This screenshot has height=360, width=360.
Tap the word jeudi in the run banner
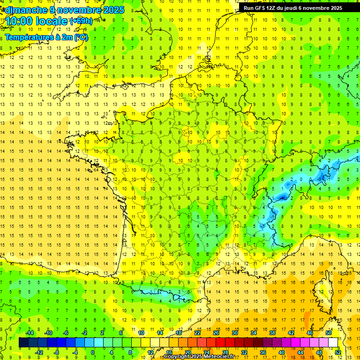tap(300, 8)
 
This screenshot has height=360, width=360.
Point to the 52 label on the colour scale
tap(337, 352)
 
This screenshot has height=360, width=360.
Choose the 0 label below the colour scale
tap(93, 352)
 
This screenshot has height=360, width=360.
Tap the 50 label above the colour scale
tap(328, 333)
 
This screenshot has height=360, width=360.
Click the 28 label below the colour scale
tap(225, 352)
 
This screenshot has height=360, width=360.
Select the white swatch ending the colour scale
tap(333, 343)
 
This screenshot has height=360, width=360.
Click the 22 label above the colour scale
tap(197, 333)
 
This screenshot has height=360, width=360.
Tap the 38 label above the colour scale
tap(272, 333)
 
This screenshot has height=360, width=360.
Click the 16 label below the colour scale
tap(169, 352)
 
